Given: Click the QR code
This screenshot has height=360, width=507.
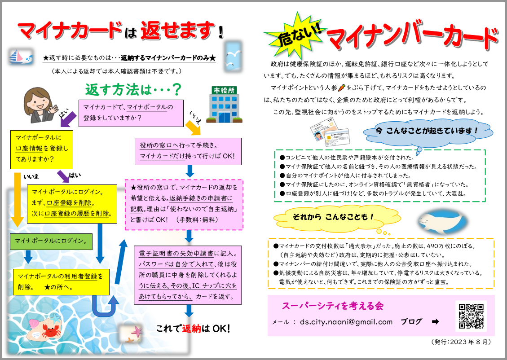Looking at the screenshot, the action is point(471,316).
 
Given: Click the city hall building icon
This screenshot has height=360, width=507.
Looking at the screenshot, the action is point(225,105).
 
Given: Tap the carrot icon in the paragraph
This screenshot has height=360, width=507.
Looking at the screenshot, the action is point(342,88).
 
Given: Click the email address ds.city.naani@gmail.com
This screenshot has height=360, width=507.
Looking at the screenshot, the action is point(346,322).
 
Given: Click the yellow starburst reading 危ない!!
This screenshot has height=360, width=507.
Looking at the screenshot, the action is point(295,35).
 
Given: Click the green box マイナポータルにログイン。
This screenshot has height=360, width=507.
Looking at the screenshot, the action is point(51,241).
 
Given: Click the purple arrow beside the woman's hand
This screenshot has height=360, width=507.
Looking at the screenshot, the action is point(68,119).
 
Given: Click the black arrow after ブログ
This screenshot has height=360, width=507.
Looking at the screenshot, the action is point(435,321).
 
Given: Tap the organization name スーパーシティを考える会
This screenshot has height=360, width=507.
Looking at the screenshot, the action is point(333,306).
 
